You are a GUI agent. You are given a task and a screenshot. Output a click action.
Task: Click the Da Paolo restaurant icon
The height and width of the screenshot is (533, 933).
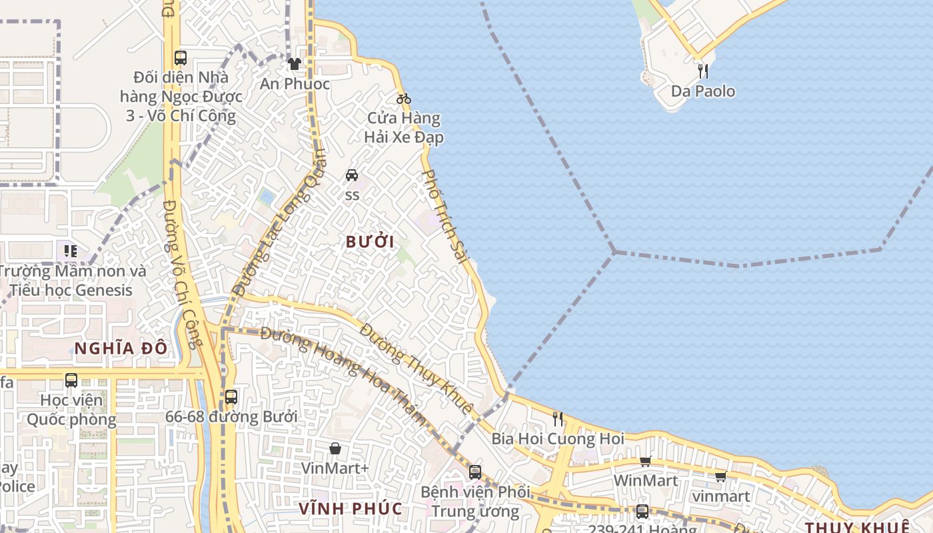point(703,71)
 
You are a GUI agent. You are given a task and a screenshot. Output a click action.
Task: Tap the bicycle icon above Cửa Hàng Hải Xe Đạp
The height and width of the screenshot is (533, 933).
point(403,99)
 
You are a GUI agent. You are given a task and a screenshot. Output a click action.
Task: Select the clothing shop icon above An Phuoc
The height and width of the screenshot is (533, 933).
point(295,64)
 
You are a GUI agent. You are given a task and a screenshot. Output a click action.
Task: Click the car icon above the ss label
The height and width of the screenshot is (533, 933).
point(352,175)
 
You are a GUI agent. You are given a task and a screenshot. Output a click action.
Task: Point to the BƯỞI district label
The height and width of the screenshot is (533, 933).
point(371,242)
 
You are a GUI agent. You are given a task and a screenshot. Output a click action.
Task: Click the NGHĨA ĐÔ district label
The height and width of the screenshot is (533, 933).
point(121,348)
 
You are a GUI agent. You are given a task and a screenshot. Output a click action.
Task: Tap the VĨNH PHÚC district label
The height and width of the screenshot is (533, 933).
point(351,509)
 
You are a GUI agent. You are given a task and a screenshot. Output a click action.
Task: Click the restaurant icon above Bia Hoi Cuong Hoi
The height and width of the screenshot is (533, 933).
point(558,419)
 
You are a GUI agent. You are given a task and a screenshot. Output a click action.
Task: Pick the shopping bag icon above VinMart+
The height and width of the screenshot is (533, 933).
point(335,448)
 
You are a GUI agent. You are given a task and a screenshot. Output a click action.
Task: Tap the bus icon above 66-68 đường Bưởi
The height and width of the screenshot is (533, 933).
point(231,397)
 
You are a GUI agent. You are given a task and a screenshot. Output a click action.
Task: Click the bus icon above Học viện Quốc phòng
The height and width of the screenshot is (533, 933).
point(71,380)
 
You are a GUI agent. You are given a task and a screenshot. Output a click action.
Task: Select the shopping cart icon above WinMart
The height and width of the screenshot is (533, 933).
point(645,461)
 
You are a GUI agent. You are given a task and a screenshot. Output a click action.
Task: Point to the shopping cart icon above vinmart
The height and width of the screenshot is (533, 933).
point(720,477)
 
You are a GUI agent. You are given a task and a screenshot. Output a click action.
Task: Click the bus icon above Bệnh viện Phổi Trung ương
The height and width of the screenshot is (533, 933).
point(475,472)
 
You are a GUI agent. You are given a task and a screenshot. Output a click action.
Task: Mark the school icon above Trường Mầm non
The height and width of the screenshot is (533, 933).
point(71,251)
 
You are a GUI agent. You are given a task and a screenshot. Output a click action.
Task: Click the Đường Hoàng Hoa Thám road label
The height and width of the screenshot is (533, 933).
point(344,375)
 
